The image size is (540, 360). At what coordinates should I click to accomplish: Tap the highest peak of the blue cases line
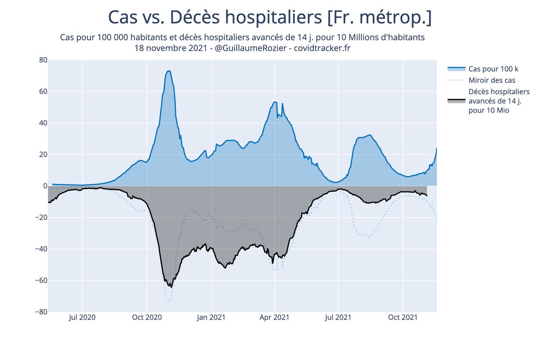[x=169, y=71]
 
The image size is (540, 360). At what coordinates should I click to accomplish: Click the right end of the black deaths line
[x=427, y=195]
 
